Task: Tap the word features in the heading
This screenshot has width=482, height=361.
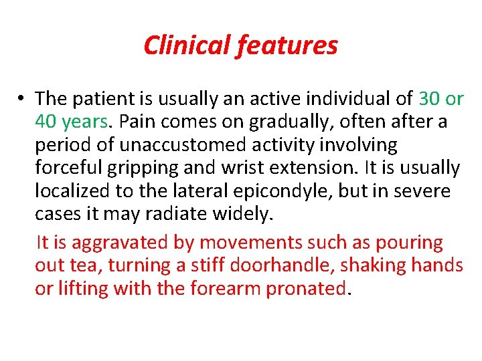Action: point(287,45)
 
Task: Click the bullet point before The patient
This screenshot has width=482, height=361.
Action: point(22,99)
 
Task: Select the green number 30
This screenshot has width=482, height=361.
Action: point(430,99)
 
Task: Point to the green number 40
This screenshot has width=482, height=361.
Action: point(46,122)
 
